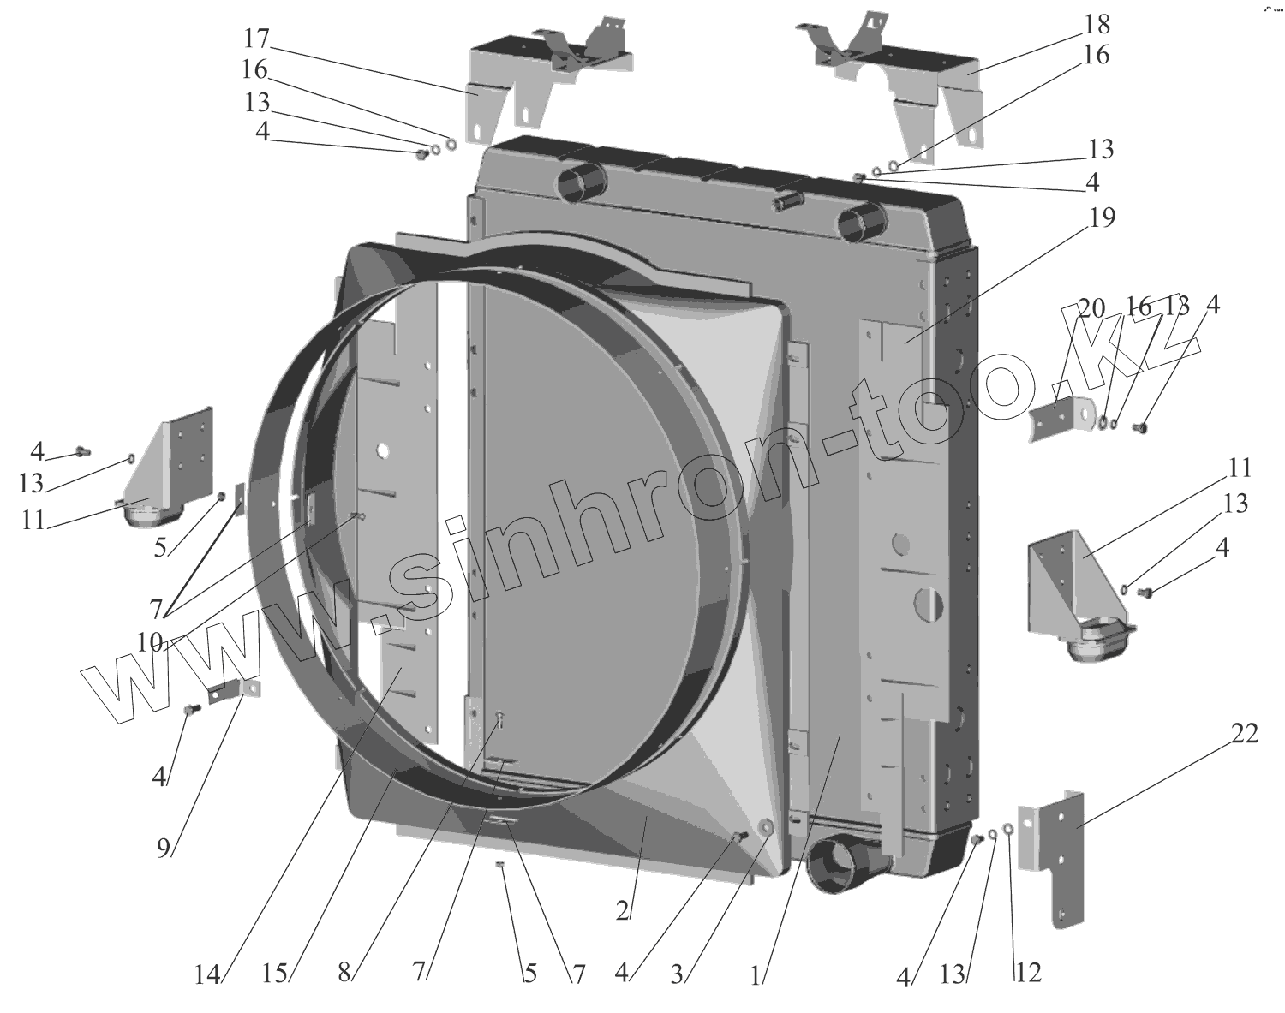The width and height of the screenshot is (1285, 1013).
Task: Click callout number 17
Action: pos(256,39)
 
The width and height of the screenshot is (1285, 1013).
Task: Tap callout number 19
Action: pos(1102,218)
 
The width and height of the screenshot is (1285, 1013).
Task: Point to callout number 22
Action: pos(1246,733)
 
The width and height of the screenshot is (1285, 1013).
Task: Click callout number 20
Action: pos(1091,308)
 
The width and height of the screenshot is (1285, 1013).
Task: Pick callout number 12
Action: pos(1028,974)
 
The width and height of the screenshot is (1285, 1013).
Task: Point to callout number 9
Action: pos(163,848)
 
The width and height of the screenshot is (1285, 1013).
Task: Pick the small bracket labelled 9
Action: pos(231,690)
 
